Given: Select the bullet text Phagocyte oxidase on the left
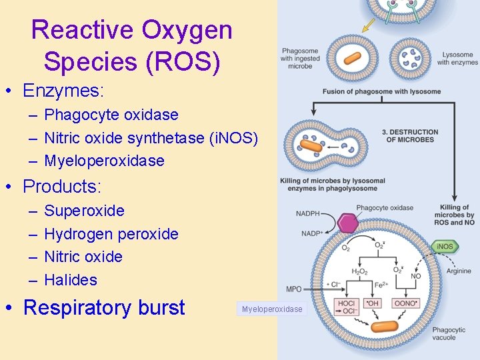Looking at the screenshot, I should coord(111,115).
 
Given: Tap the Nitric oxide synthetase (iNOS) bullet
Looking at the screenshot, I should coord(151,138).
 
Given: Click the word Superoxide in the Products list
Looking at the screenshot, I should coord(84,211).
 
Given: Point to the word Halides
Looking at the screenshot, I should coord(71,280).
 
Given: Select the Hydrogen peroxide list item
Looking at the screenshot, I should coord(111,234).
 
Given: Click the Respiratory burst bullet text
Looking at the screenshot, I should coord(104,307).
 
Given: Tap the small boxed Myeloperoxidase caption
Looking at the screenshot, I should coord(272,309).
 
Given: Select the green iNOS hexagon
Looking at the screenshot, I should coord(445,247).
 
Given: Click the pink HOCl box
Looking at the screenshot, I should coord(347,307).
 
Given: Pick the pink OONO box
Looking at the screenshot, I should coord(406,303).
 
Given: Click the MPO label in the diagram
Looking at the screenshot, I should coord(293,289).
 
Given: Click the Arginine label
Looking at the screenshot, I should coord(459,271).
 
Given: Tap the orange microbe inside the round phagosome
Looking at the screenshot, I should coord(351,59).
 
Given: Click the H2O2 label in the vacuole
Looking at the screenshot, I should coord(360,272).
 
